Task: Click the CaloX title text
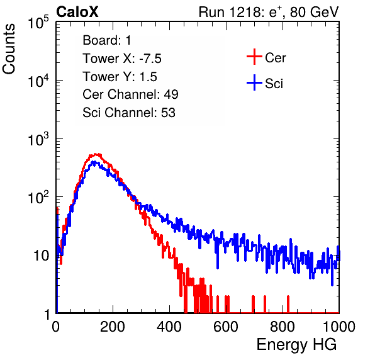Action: pos(77,12)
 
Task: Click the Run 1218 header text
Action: pos(269,12)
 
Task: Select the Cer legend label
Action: pos(275,58)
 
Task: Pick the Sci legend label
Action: pos(274,84)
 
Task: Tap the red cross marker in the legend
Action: pos(254,57)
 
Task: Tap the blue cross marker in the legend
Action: pos(254,82)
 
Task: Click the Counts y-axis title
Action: pos(9,49)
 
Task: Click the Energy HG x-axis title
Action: pos(296,345)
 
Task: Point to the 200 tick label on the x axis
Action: pos(113,327)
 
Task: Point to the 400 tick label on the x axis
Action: pos(169,327)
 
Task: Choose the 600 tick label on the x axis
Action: pos(226,327)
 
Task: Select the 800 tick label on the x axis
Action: pos(283,327)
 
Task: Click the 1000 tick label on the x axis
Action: pos(339,327)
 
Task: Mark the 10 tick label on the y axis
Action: pos(41,256)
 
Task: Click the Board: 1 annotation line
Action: pos(107,40)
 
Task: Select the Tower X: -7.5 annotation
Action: pos(122,59)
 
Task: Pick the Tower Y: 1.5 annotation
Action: pos(120,77)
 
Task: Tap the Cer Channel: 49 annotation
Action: pos(130,94)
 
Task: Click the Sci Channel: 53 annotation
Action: pos(129,113)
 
